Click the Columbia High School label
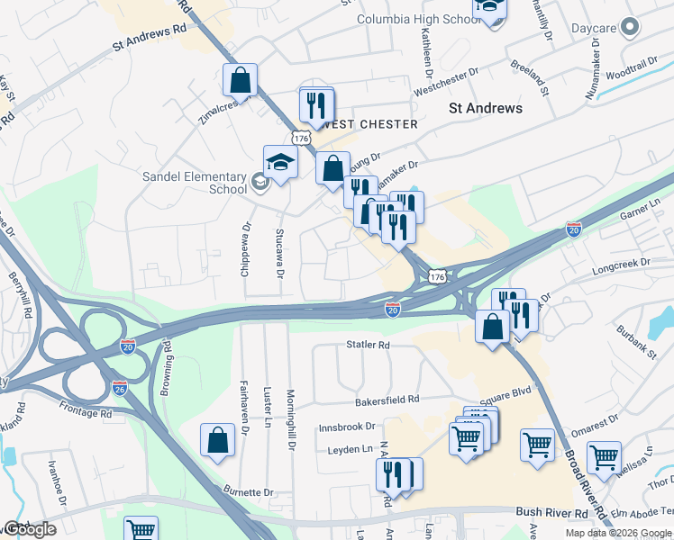pyautogui.click(x=418, y=19)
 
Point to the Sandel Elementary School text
pyautogui.click(x=195, y=184)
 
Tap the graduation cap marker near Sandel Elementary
pyautogui.click(x=280, y=163)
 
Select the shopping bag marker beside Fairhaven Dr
pyautogui.click(x=219, y=441)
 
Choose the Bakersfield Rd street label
pyautogui.click(x=387, y=399)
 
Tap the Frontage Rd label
pyautogui.click(x=88, y=414)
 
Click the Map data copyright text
pyautogui.click(x=618, y=533)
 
